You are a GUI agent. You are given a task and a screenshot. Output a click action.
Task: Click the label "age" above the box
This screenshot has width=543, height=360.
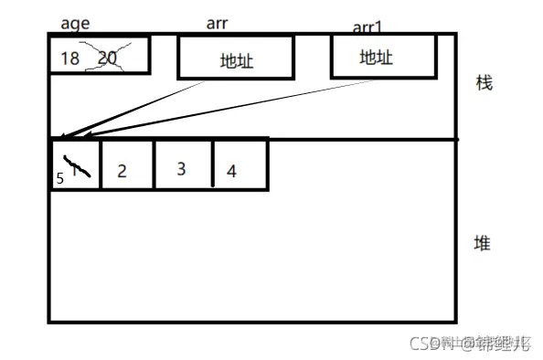point(75,24)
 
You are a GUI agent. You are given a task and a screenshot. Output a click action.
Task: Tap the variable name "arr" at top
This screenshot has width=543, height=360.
point(218,25)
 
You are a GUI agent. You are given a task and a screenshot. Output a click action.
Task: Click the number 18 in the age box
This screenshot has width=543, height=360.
point(70,58)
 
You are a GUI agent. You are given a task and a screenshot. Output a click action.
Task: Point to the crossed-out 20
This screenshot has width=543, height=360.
point(108,58)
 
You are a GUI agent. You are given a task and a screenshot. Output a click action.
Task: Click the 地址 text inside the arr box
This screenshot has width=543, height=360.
point(236,61)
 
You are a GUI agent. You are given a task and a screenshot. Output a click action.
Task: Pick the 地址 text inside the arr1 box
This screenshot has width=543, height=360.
point(376,58)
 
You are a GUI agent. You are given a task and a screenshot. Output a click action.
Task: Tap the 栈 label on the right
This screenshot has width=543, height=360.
point(484,83)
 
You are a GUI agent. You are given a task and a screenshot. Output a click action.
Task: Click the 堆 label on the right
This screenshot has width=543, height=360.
point(482,243)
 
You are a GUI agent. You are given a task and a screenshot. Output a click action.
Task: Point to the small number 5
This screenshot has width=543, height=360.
point(60,179)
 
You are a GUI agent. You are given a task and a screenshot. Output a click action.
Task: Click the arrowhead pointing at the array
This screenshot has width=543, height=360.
point(61,140)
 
